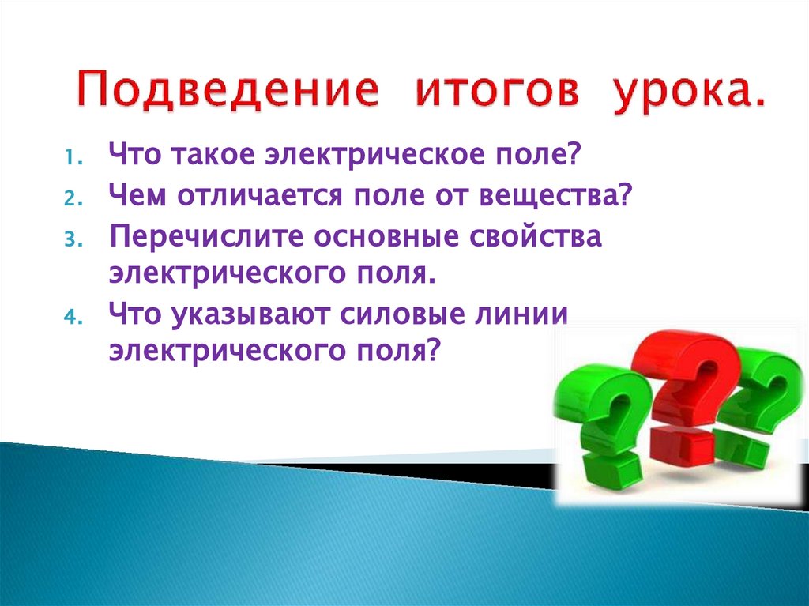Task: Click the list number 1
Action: (69, 157)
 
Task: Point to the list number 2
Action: (69, 198)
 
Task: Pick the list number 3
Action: (69, 239)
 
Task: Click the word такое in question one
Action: (208, 155)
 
